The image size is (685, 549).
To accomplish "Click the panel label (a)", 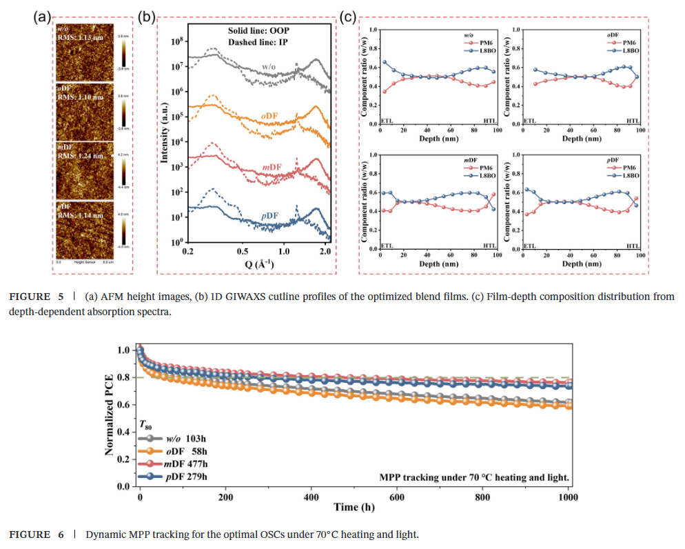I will (43, 17).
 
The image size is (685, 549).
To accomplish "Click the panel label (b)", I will (146, 17).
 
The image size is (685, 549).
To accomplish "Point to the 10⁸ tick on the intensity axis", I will (175, 42).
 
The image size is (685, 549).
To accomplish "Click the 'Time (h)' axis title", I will (355, 508).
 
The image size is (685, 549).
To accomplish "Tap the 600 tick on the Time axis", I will (397, 497).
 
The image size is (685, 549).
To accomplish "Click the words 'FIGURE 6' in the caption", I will (30, 535).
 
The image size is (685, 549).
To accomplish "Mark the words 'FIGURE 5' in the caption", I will (30, 297).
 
